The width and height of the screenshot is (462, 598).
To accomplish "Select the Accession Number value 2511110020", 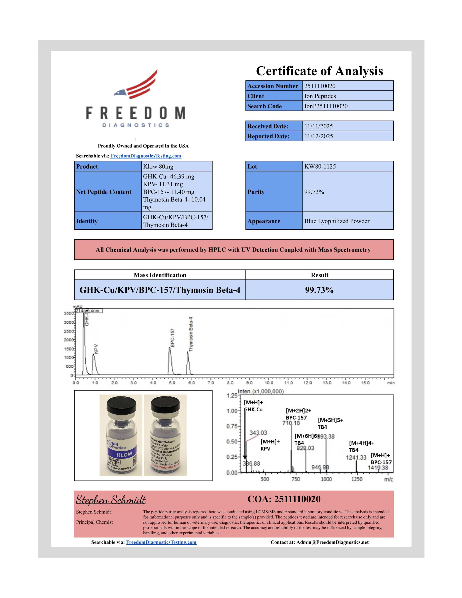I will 320,86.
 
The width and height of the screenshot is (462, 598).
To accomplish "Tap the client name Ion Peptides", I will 320,96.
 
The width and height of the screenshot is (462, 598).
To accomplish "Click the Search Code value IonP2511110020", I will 326,106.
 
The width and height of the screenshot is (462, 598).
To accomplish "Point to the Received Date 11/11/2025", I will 319,126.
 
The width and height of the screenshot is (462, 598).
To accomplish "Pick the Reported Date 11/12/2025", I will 319,136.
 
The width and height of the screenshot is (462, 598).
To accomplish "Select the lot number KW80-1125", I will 320,167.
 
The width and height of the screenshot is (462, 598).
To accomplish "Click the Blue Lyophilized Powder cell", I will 337,221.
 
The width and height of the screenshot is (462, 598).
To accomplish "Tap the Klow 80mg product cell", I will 158,167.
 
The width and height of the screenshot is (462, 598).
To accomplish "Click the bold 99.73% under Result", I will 319,290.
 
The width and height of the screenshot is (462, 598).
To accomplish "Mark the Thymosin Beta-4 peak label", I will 191,334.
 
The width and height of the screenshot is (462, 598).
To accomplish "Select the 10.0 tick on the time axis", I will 269,383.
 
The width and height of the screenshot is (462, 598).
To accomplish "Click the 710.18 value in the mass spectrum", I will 291,423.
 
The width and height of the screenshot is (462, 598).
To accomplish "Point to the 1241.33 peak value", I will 356,457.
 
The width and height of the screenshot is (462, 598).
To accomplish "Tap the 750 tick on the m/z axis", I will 295,479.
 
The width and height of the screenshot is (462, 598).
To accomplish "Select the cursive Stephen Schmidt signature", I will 111,500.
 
